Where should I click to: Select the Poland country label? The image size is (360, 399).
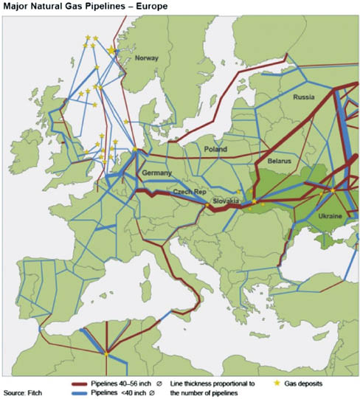[x=216, y=149]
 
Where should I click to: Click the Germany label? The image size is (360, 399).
[x=156, y=173]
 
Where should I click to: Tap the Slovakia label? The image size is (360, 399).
[x=227, y=201]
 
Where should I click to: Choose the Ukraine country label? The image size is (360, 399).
[x=329, y=216]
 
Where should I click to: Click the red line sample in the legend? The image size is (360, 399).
[x=85, y=384]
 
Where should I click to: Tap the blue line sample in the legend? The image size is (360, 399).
[x=85, y=393]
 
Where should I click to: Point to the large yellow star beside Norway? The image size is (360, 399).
[x=112, y=50]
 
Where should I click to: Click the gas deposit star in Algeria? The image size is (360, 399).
[x=106, y=354]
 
